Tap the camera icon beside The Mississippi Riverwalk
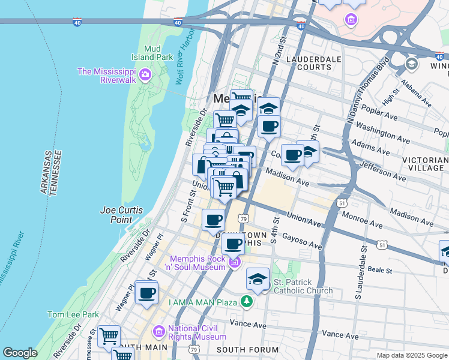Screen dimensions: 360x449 pyautogui.click(x=145, y=75)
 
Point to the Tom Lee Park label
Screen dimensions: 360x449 pyautogui.click(x=73, y=314)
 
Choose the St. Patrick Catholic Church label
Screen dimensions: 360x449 pyautogui.click(x=303, y=286)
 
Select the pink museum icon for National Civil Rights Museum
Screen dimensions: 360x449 pyautogui.click(x=159, y=331)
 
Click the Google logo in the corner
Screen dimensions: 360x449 pyautogui.click(x=20, y=353)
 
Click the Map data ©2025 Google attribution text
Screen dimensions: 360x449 pyautogui.click(x=412, y=355)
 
